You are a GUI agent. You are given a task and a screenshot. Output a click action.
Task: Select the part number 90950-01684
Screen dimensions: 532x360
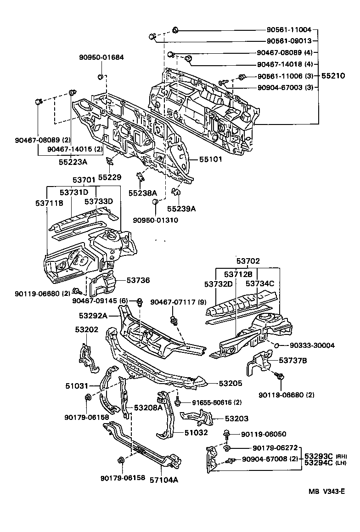point(101,57)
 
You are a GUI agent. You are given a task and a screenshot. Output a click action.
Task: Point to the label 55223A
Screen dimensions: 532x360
point(73,162)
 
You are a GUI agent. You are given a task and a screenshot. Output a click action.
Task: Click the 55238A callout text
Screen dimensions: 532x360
point(142,193)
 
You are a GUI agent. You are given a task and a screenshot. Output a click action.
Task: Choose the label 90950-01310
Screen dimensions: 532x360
point(156,220)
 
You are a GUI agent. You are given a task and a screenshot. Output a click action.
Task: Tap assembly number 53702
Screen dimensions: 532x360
point(248,261)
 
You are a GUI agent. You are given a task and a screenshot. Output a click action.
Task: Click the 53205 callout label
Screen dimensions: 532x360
point(230,383)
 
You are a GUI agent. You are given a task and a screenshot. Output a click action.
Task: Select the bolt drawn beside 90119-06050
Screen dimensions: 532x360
point(227,433)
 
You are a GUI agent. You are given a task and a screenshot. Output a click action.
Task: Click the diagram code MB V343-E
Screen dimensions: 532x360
point(326,504)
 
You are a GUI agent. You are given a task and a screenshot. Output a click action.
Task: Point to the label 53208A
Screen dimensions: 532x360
point(148,407)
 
